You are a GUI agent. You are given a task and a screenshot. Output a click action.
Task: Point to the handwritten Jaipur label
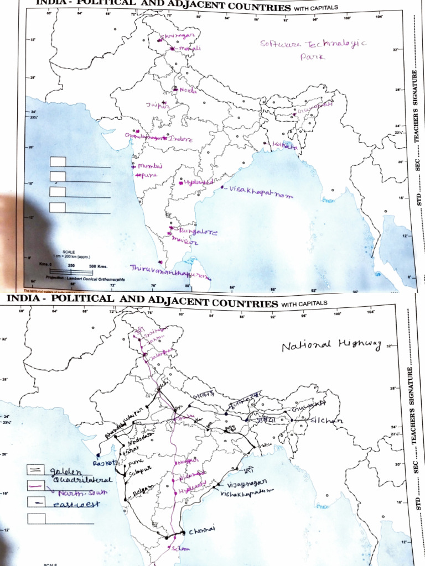[x=157, y=105]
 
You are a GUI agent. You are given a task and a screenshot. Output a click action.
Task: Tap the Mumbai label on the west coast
[x=147, y=166]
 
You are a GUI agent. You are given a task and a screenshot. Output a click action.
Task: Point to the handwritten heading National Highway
[x=331, y=346]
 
